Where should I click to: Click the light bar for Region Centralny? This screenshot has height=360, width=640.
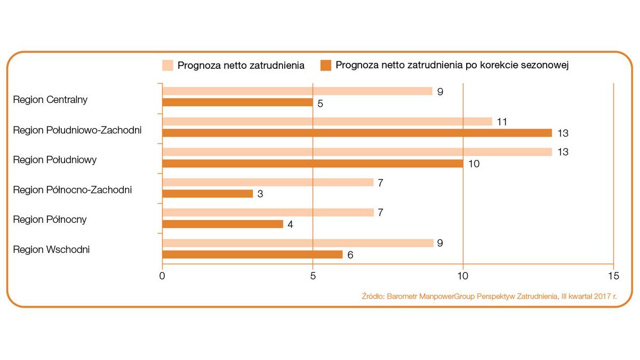click(x=297, y=91)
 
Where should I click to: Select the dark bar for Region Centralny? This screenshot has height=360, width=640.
click(x=237, y=102)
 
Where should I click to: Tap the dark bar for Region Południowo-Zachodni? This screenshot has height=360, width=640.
click(x=357, y=133)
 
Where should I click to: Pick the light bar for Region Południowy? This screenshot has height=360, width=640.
click(x=357, y=152)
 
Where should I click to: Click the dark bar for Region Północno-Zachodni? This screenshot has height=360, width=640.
click(x=207, y=194)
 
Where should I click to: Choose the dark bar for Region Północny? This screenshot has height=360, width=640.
click(x=222, y=224)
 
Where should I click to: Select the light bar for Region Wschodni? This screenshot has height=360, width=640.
click(x=297, y=243)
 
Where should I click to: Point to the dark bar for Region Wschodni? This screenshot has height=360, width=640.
click(x=252, y=254)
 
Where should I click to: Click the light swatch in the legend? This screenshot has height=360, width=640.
click(x=167, y=66)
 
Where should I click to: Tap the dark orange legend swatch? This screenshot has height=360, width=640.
click(x=326, y=66)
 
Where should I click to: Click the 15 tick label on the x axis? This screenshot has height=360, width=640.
click(x=613, y=276)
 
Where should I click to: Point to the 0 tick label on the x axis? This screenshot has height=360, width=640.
click(x=162, y=276)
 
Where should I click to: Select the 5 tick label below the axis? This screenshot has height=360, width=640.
click(x=313, y=276)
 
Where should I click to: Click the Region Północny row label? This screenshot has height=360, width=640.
click(x=50, y=219)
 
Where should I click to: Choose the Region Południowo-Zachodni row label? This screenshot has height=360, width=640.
click(x=77, y=130)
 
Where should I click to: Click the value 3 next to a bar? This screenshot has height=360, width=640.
click(x=260, y=194)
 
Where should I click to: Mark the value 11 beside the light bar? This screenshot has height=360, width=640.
click(x=502, y=122)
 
